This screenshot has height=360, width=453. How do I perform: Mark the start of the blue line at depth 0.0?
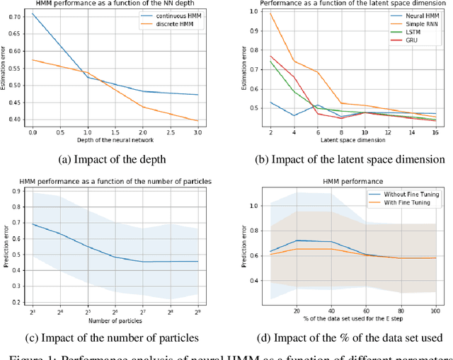(x=33, y=13)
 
